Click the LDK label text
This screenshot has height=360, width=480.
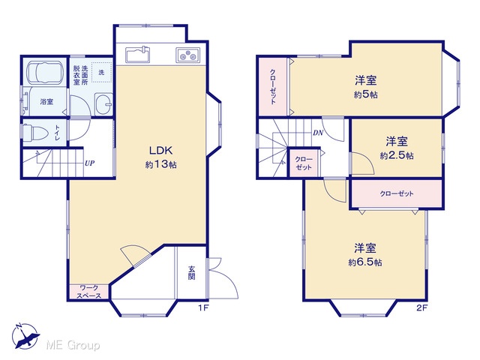click(160, 150)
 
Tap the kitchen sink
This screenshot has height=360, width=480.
click(137, 55)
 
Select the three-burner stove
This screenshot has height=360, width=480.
click(187, 55)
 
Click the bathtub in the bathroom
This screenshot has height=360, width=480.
click(45, 73)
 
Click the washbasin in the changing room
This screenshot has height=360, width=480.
click(103, 103)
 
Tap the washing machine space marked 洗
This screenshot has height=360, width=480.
click(101, 73)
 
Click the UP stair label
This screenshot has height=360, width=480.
click(89, 163)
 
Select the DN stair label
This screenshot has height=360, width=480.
click(318, 133)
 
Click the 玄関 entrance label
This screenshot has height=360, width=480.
click(192, 273)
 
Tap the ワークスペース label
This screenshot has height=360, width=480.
click(88, 292)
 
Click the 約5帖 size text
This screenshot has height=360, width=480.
click(365, 95)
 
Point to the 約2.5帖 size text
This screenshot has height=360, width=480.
click(397, 156)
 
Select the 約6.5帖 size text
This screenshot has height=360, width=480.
click(365, 262)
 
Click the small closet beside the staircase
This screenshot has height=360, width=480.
click(304, 163)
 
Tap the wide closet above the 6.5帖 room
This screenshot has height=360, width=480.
click(397, 193)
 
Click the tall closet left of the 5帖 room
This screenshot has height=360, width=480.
click(273, 87)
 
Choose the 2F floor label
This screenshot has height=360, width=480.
click(421, 308)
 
